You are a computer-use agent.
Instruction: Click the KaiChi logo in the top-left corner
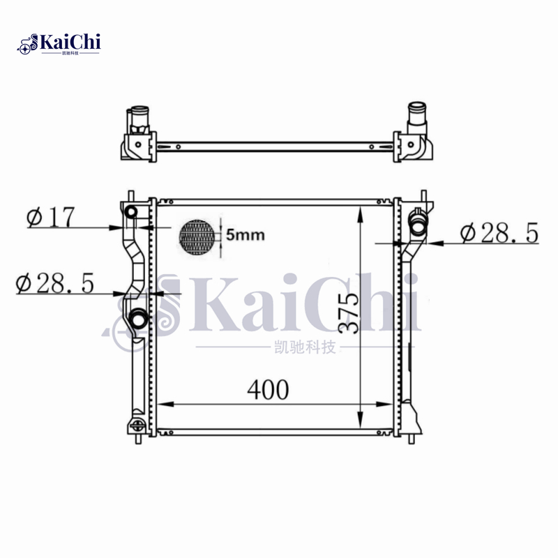pyautogui.click(x=60, y=43)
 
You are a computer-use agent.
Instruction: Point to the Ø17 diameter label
pyautogui.click(x=50, y=218)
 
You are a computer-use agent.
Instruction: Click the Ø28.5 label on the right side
pyautogui.click(x=499, y=234)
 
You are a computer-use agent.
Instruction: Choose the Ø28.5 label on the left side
pyautogui.click(x=55, y=283)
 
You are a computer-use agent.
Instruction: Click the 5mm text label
pyautogui.click(x=245, y=235)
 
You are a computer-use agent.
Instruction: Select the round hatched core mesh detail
pyautogui.click(x=199, y=237)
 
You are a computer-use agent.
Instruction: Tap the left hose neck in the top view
pyautogui.click(x=137, y=113)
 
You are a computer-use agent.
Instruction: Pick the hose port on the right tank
pyautogui.click(x=419, y=225)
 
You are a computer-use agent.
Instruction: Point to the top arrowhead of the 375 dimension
pyautogui.click(x=359, y=210)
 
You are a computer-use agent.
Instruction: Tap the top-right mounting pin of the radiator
pyautogui.click(x=423, y=195)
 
